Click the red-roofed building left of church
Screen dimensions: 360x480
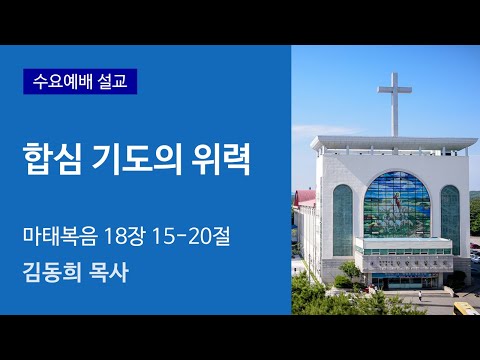click(x=305, y=203)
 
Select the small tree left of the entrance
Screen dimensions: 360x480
click(x=351, y=272)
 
